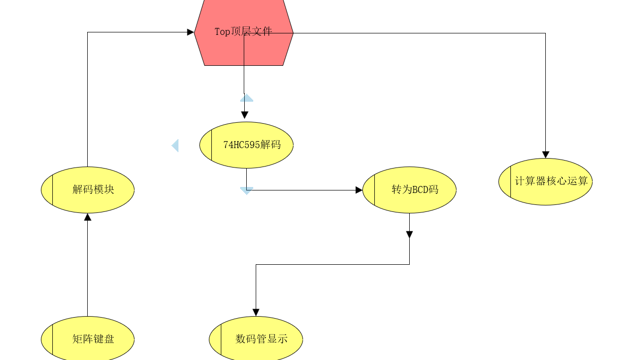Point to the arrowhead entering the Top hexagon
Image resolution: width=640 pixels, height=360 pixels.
click(x=190, y=32)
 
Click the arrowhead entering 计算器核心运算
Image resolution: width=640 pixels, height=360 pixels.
click(x=546, y=155)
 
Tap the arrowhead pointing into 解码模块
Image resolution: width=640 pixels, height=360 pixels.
click(x=88, y=217)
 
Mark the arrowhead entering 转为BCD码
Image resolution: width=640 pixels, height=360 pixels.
click(x=359, y=190)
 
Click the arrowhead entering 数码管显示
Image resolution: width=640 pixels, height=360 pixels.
click(x=256, y=313)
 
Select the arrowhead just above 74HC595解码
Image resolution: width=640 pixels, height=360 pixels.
click(x=244, y=115)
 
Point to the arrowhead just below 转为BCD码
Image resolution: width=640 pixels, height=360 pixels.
click(x=409, y=234)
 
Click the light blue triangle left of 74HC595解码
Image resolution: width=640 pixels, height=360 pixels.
click(x=175, y=146)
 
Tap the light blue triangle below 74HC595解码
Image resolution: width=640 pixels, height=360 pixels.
click(x=247, y=190)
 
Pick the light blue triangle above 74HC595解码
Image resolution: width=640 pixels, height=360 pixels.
click(x=247, y=98)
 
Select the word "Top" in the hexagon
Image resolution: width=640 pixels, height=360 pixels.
click(x=223, y=32)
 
